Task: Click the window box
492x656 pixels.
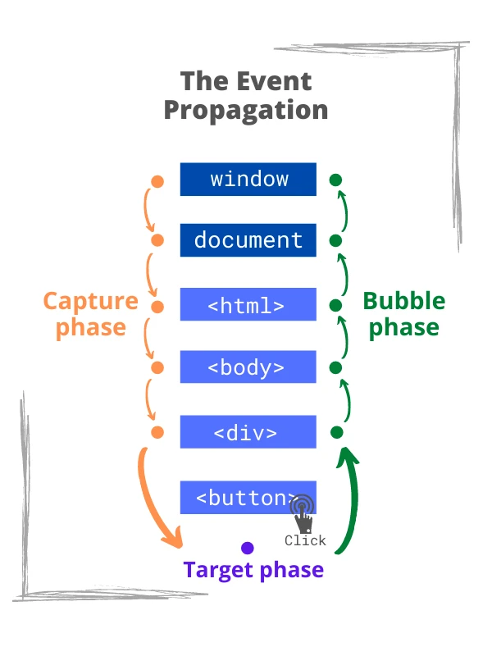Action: pyautogui.click(x=248, y=179)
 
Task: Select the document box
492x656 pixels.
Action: pyautogui.click(x=248, y=240)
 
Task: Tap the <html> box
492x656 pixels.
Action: pyautogui.click(x=248, y=305)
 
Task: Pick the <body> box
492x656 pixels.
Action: pyautogui.click(x=248, y=367)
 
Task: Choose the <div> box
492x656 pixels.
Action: pyautogui.click(x=248, y=432)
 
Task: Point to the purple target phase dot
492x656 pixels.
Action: pyautogui.click(x=247, y=548)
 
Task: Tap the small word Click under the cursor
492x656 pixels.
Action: pyautogui.click(x=305, y=540)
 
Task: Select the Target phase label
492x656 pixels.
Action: pyautogui.click(x=253, y=570)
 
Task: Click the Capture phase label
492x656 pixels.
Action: pyautogui.click(x=90, y=314)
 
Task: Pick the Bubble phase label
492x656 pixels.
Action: pyautogui.click(x=403, y=314)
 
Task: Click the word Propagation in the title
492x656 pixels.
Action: pyautogui.click(x=246, y=110)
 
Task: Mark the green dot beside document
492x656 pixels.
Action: pyautogui.click(x=335, y=240)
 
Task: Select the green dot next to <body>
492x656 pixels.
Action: pyautogui.click(x=335, y=367)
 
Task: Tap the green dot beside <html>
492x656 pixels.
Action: pyautogui.click(x=335, y=305)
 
